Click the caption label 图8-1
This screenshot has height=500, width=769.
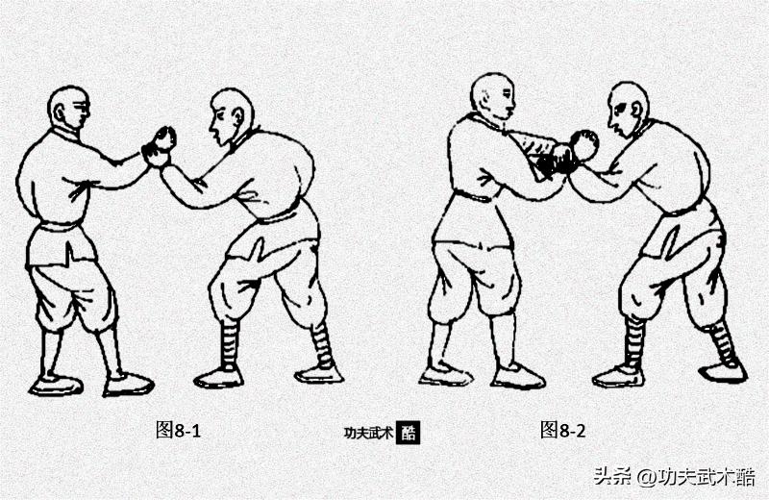click(x=178, y=430)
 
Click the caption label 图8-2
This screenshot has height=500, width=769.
click(x=563, y=430)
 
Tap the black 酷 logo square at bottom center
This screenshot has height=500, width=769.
click(x=409, y=432)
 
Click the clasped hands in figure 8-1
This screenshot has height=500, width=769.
click(x=159, y=144)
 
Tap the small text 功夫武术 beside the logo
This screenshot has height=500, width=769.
click(x=368, y=433)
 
